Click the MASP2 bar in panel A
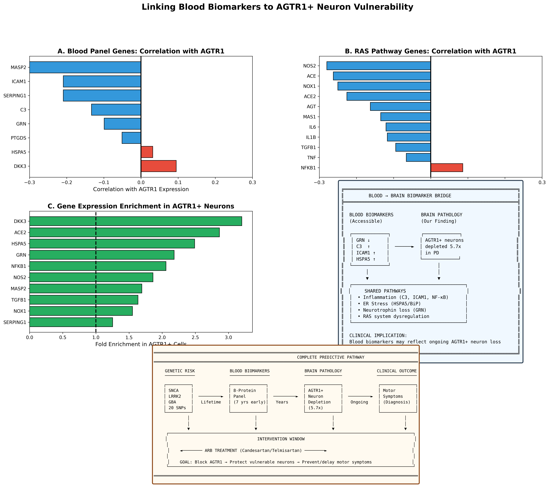pyautogui.click(x=85, y=67)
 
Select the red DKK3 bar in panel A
pyautogui.click(x=158, y=166)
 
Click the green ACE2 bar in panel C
pyautogui.click(x=124, y=232)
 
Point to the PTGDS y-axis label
pyautogui.click(x=19, y=138)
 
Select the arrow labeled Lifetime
pyautogui.click(x=211, y=396)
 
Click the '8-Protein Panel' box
pyautogui.click(x=248, y=398)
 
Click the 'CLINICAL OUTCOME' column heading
pyautogui.click(x=396, y=371)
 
